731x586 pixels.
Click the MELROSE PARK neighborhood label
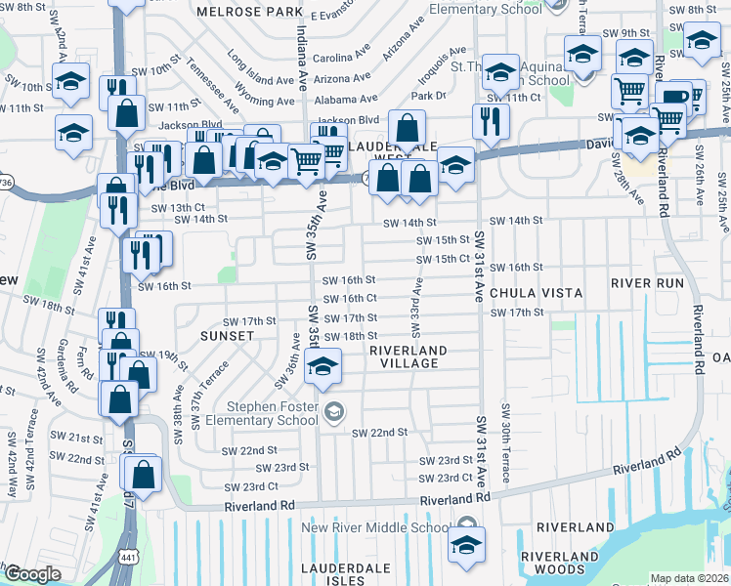click(249, 12)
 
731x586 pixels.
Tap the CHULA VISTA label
click(536, 293)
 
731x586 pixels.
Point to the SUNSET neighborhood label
click(227, 335)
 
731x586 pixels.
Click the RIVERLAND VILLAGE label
click(408, 356)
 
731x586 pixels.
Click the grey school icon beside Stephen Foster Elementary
click(334, 411)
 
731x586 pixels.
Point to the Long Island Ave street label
click(260, 68)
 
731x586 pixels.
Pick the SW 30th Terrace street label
click(505, 441)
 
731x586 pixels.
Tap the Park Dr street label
click(428, 96)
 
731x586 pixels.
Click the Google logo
click(31, 574)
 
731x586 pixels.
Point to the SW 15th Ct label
click(444, 259)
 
